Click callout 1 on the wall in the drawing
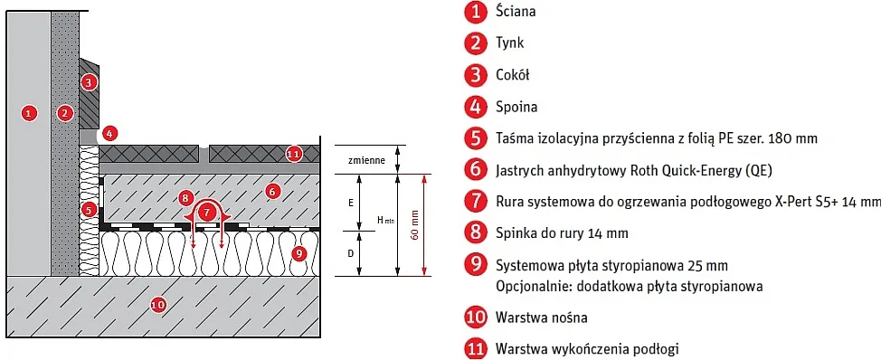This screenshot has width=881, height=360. point(29,113)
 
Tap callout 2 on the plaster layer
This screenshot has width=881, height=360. point(64,113)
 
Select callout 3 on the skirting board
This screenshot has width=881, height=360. point(88,82)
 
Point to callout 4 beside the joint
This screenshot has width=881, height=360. point(109,133)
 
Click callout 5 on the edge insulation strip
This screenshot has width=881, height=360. point(88,209)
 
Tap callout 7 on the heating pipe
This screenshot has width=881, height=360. point(209,212)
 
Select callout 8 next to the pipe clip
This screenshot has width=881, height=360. point(185,196)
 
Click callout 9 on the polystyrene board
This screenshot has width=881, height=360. point(299,253)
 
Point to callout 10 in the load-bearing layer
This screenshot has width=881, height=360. point(157,304)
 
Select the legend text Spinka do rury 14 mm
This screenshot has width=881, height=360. point(562,233)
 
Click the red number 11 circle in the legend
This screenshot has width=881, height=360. point(475,348)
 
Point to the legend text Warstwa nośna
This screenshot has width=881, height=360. point(542,317)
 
